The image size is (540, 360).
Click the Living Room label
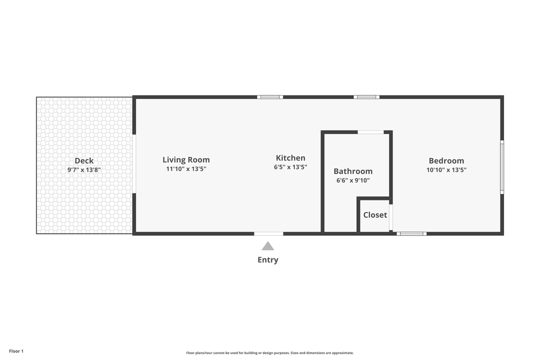pyautogui.click(x=186, y=160)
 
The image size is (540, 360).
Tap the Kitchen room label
pyautogui.click(x=290, y=158)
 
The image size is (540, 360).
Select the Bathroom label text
pyautogui.click(x=353, y=171)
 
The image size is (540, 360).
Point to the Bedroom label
pyautogui.click(x=446, y=160)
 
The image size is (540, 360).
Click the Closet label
pyautogui.click(x=375, y=215)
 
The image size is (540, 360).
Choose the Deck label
pyautogui.click(x=84, y=160)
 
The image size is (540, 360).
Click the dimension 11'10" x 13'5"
pyautogui.click(x=186, y=169)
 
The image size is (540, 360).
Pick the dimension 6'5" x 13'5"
pyautogui.click(x=290, y=167)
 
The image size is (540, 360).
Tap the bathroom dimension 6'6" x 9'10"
pyautogui.click(x=353, y=180)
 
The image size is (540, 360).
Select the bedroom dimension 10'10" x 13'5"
pyautogui.click(x=446, y=170)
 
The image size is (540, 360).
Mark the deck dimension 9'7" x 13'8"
pyautogui.click(x=84, y=170)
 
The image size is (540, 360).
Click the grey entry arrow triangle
pyautogui.click(x=268, y=246)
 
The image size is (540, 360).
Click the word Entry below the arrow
pyautogui.click(x=268, y=260)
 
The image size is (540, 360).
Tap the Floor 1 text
pyautogui.click(x=16, y=351)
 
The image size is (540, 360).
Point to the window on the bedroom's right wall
pyautogui.click(x=502, y=166)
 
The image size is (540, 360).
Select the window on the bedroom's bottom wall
pyautogui.click(x=411, y=233)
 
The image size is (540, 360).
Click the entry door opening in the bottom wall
pyautogui.click(x=268, y=233)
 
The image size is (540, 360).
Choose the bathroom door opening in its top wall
pyautogui.click(x=370, y=132)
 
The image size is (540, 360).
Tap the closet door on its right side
pyautogui.click(x=391, y=217)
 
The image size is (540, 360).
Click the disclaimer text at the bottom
pyautogui.click(x=270, y=353)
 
